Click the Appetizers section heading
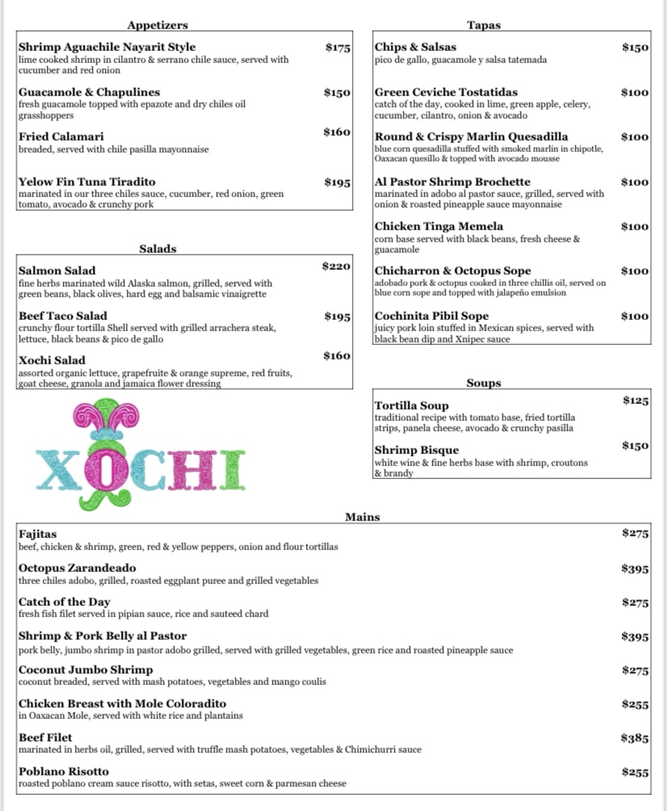pos(157,25)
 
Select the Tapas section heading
pos(484,25)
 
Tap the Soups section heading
pos(484,383)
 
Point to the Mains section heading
pos(363,517)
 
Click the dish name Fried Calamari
pos(61,137)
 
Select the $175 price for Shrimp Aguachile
pos(338,48)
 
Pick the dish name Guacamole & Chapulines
pos(89,92)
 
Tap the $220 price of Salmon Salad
pos(336,266)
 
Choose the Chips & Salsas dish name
pos(415,48)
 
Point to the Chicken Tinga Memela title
pos(438,226)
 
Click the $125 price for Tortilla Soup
pos(636,401)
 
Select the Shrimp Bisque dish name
pos(417,450)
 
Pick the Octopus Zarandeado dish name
pos(78,568)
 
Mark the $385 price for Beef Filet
pos(635,737)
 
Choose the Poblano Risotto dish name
pos(65,771)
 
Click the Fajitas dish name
pos(38,534)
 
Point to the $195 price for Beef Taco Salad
pos(338,316)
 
